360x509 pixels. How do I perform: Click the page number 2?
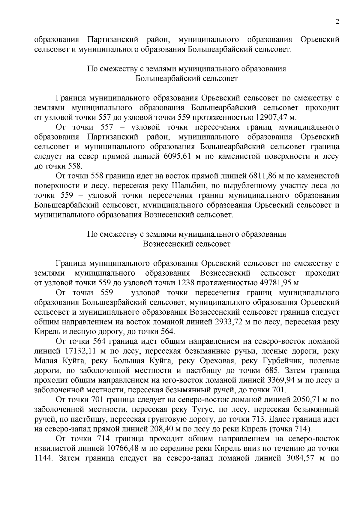pos(337,22)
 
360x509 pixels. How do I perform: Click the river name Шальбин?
pos(189,186)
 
